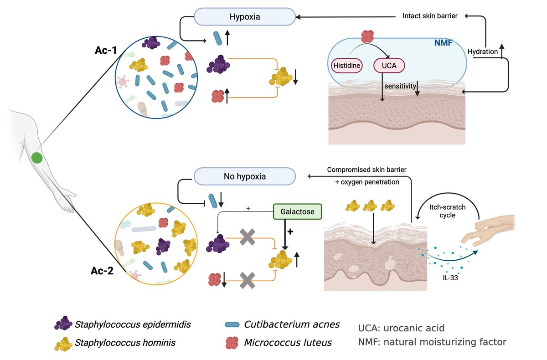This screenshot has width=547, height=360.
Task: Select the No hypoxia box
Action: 245,176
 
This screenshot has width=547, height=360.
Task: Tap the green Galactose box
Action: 297,211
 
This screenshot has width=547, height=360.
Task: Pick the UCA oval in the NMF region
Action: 389,66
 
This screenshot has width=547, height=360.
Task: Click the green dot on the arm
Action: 37,158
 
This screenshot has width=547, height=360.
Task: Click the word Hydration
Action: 485,51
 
